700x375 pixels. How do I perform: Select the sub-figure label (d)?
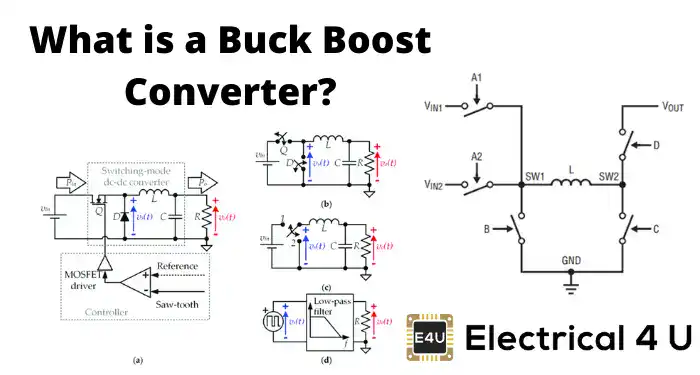326,357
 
